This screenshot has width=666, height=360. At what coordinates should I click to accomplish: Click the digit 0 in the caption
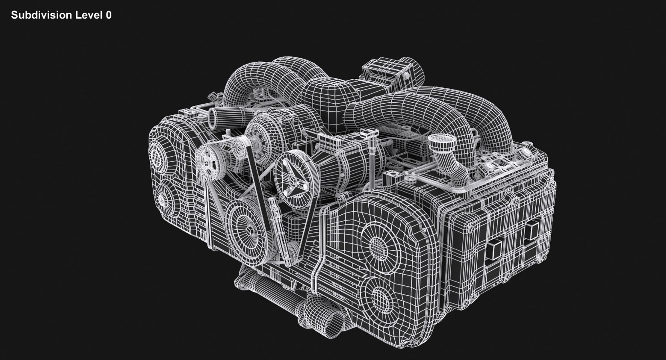(109, 15)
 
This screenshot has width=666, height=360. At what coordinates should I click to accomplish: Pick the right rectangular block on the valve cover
(531, 230)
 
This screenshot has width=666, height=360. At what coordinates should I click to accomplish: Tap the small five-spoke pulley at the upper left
(207, 162)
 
